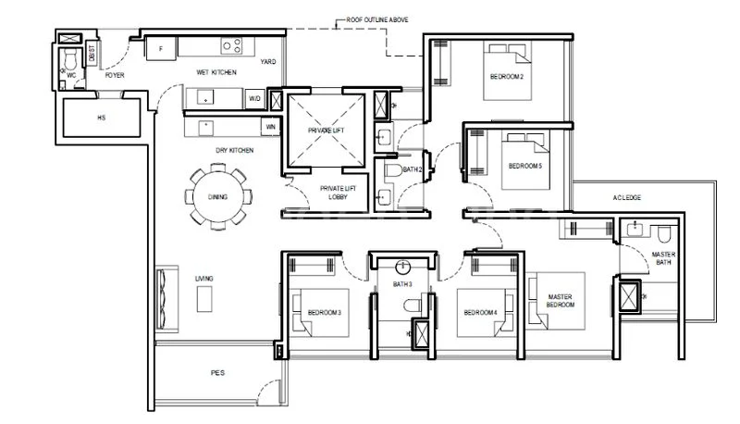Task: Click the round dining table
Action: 217,195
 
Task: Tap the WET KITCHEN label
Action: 216,71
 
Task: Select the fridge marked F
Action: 160,47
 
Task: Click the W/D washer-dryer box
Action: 253,98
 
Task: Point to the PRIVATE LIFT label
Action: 325,131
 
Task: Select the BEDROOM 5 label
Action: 526,167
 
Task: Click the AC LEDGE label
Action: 627,198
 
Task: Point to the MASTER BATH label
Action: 663,258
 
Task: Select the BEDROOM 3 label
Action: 325,312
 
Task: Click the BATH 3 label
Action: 402,284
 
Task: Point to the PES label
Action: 217,372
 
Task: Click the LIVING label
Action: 203,278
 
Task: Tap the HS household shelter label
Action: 101,118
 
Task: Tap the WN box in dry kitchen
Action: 270,127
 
